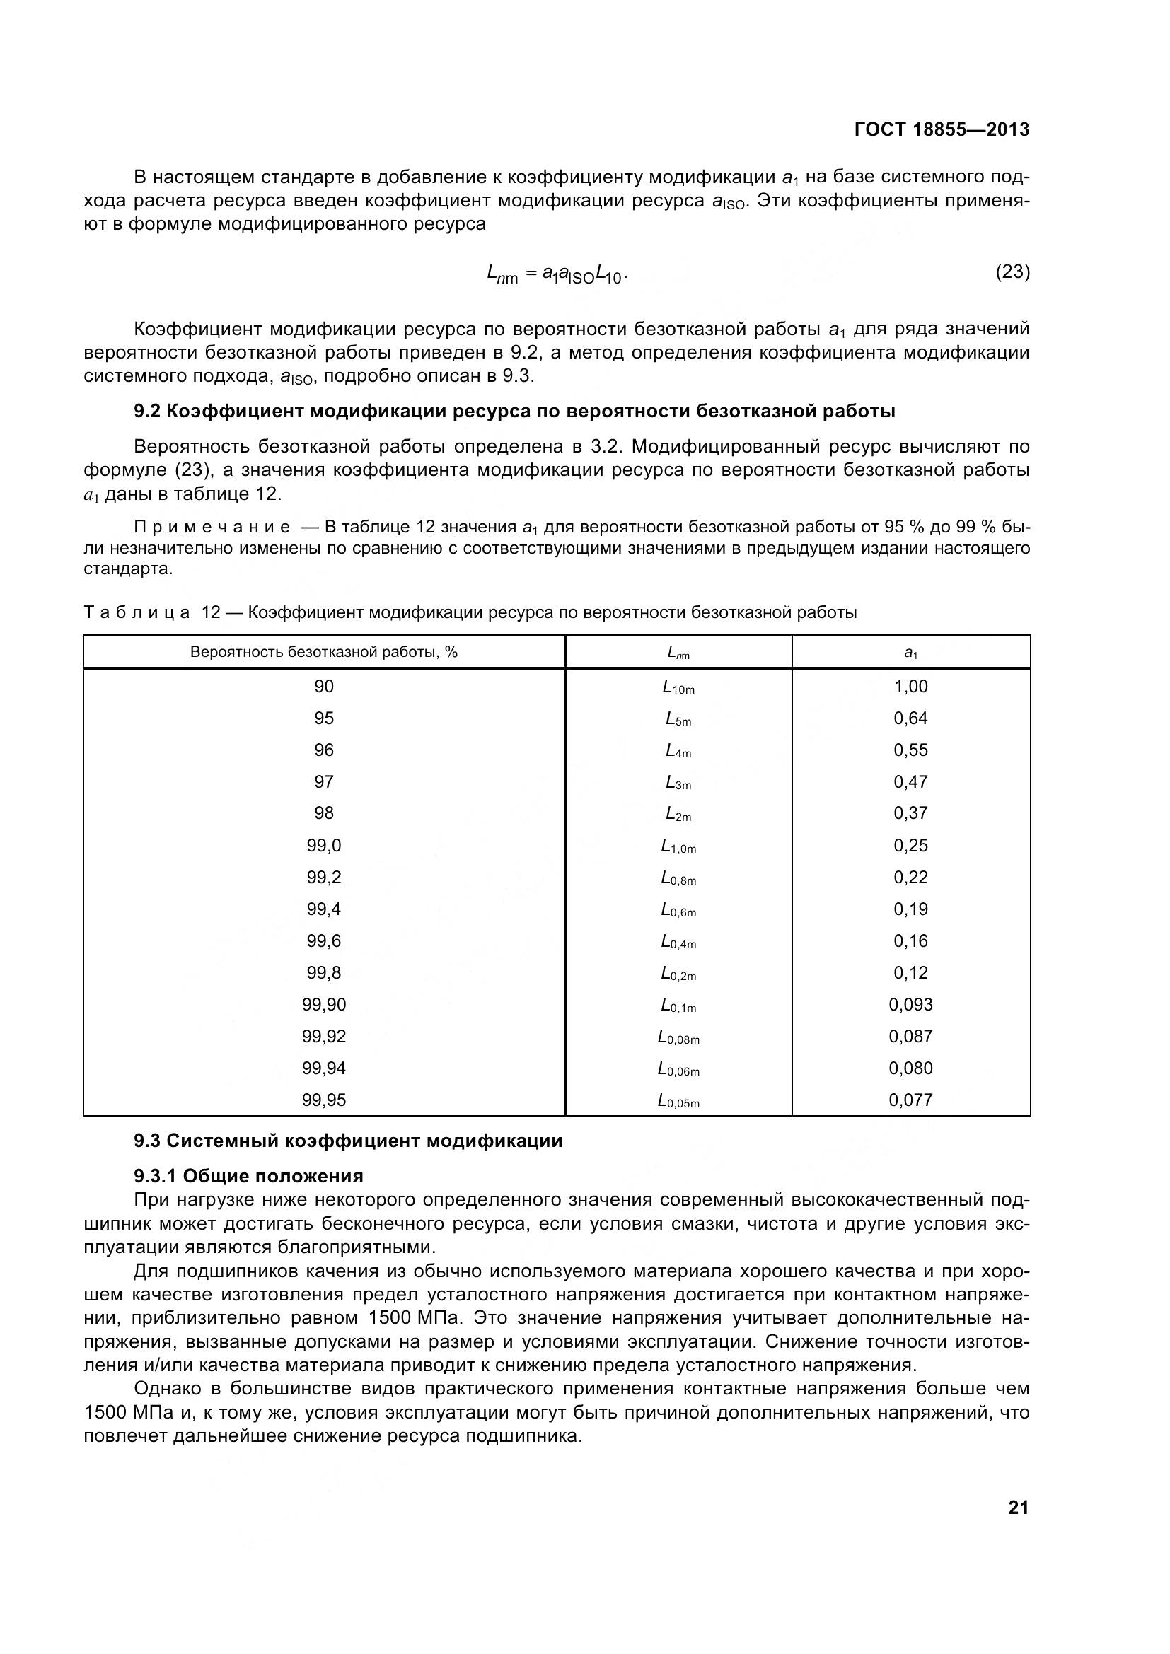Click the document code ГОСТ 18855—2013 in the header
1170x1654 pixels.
pyautogui.click(x=941, y=129)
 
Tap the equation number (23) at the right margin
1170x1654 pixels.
pyautogui.click(x=1012, y=272)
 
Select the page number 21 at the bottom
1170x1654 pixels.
pyautogui.click(x=1018, y=1508)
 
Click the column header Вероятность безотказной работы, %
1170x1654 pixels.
pyautogui.click(x=323, y=652)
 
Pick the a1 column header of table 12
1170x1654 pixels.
pyautogui.click(x=910, y=653)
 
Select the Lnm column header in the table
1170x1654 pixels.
pyautogui.click(x=678, y=653)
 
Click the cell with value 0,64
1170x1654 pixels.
pyautogui.click(x=910, y=718)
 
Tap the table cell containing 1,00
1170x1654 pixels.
pyautogui.click(x=910, y=687)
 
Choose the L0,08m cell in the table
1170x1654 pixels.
pyautogui.click(x=678, y=1037)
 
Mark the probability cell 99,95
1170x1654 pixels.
pyautogui.click(x=323, y=1100)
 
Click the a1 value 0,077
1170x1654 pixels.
pyautogui.click(x=910, y=1100)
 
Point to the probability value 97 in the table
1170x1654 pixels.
pyautogui.click(x=323, y=781)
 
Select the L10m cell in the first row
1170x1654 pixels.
pyautogui.click(x=678, y=687)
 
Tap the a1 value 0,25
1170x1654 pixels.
pyautogui.click(x=910, y=845)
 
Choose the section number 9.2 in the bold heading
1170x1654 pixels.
pyautogui.click(x=147, y=412)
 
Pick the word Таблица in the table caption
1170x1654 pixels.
pyautogui.click(x=137, y=612)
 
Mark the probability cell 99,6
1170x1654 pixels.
pyautogui.click(x=323, y=940)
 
